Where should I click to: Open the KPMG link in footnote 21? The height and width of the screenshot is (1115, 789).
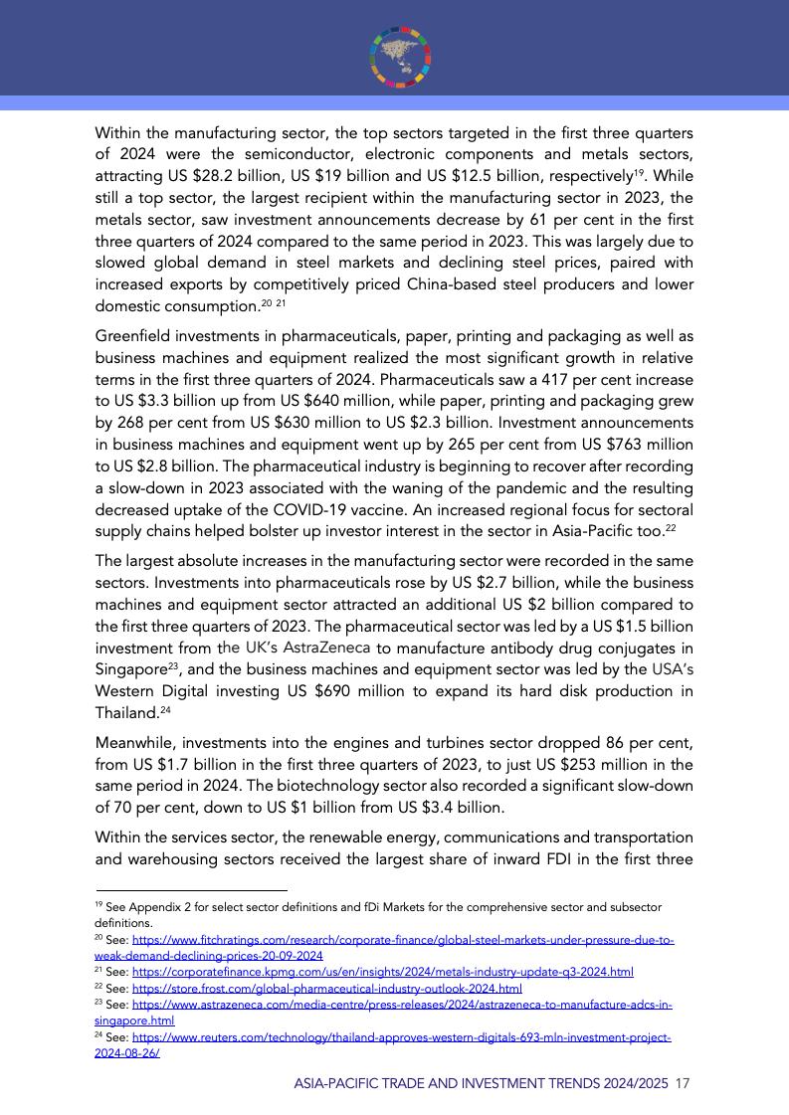tap(382, 972)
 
